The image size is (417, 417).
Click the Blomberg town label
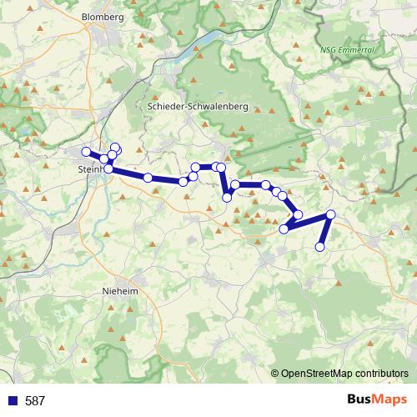[103, 17]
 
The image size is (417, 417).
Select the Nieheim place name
[119, 292]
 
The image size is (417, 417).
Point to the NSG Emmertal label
[348, 50]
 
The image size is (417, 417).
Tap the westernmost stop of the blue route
[85, 152]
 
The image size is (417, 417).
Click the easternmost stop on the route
[330, 215]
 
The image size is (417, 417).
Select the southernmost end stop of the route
[319, 247]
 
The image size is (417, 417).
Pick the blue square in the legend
[12, 401]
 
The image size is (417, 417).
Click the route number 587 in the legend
[35, 401]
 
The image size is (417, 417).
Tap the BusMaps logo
[376, 400]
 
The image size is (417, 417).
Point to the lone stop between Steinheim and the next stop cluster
[148, 178]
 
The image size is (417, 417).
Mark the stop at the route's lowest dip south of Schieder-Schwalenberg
[227, 198]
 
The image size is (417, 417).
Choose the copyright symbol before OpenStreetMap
[275, 374]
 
